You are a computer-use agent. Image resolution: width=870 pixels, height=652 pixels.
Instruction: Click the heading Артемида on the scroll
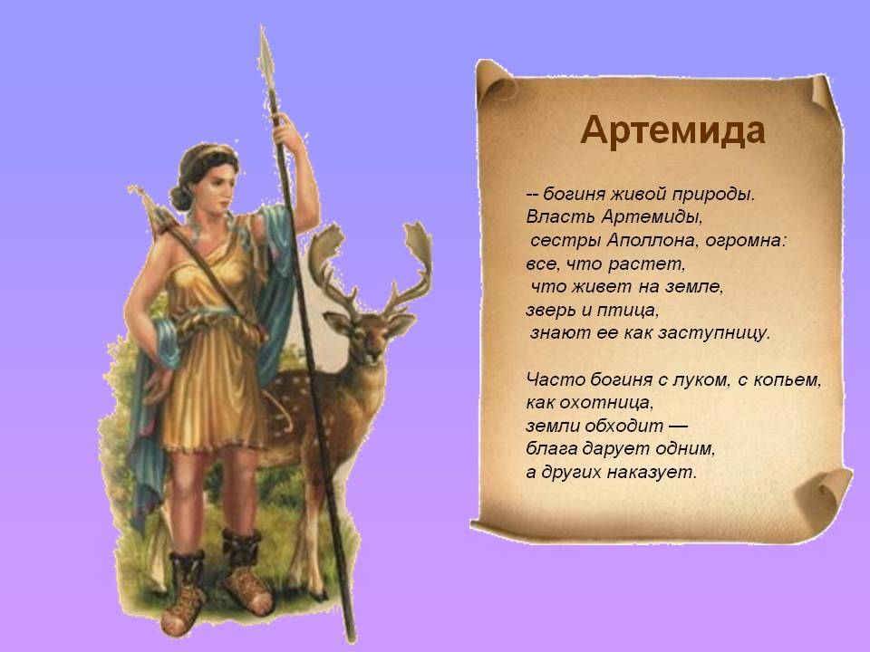point(672,130)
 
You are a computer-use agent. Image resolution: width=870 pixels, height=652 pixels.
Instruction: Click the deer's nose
point(368,356)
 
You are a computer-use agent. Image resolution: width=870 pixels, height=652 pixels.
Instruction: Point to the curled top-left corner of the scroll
point(496,81)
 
